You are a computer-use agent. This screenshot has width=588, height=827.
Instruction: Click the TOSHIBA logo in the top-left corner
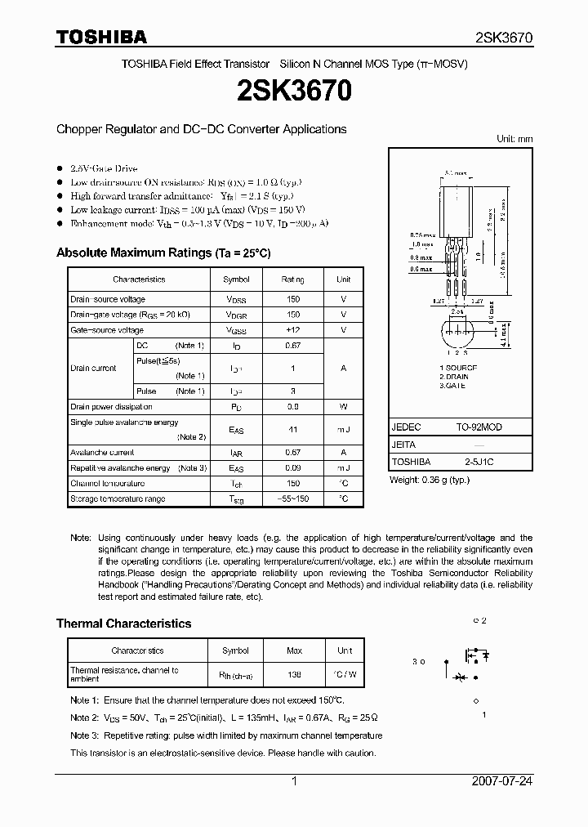[x=100, y=37]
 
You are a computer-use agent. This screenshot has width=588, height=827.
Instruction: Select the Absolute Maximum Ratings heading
[x=163, y=253]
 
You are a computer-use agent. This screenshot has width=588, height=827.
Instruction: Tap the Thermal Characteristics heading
[x=123, y=624]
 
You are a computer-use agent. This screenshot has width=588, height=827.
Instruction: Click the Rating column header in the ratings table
[x=293, y=279]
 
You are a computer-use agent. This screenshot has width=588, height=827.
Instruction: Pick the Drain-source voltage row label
[x=108, y=300]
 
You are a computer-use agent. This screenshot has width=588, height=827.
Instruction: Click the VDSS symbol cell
[x=236, y=300]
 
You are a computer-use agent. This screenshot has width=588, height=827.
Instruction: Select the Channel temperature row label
[x=107, y=484]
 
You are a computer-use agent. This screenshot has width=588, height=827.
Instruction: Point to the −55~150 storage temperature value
[x=293, y=498]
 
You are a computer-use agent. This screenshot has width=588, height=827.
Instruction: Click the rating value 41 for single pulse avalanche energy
[x=293, y=429]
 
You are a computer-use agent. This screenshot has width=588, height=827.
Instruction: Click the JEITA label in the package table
[x=404, y=445]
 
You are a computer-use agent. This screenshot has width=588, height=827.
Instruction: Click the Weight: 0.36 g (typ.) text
[x=430, y=480]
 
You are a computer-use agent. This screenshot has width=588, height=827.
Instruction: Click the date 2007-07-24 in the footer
[x=501, y=781]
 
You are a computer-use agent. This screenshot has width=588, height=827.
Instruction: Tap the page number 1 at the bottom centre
[x=294, y=781]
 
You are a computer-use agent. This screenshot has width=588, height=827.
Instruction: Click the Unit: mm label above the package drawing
[x=514, y=139]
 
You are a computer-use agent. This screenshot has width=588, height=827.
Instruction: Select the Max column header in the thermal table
[x=293, y=650]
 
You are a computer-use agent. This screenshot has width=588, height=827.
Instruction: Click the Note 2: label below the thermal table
[x=85, y=717]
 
